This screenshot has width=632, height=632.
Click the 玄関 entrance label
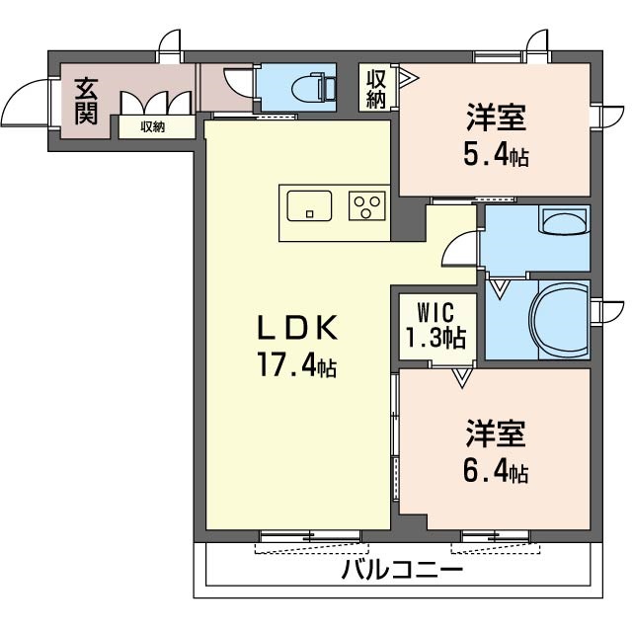(85, 100)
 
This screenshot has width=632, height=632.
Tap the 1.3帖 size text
(436, 339)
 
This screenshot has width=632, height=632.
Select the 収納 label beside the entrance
(152, 126)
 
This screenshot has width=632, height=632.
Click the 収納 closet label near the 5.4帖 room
(375, 88)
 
